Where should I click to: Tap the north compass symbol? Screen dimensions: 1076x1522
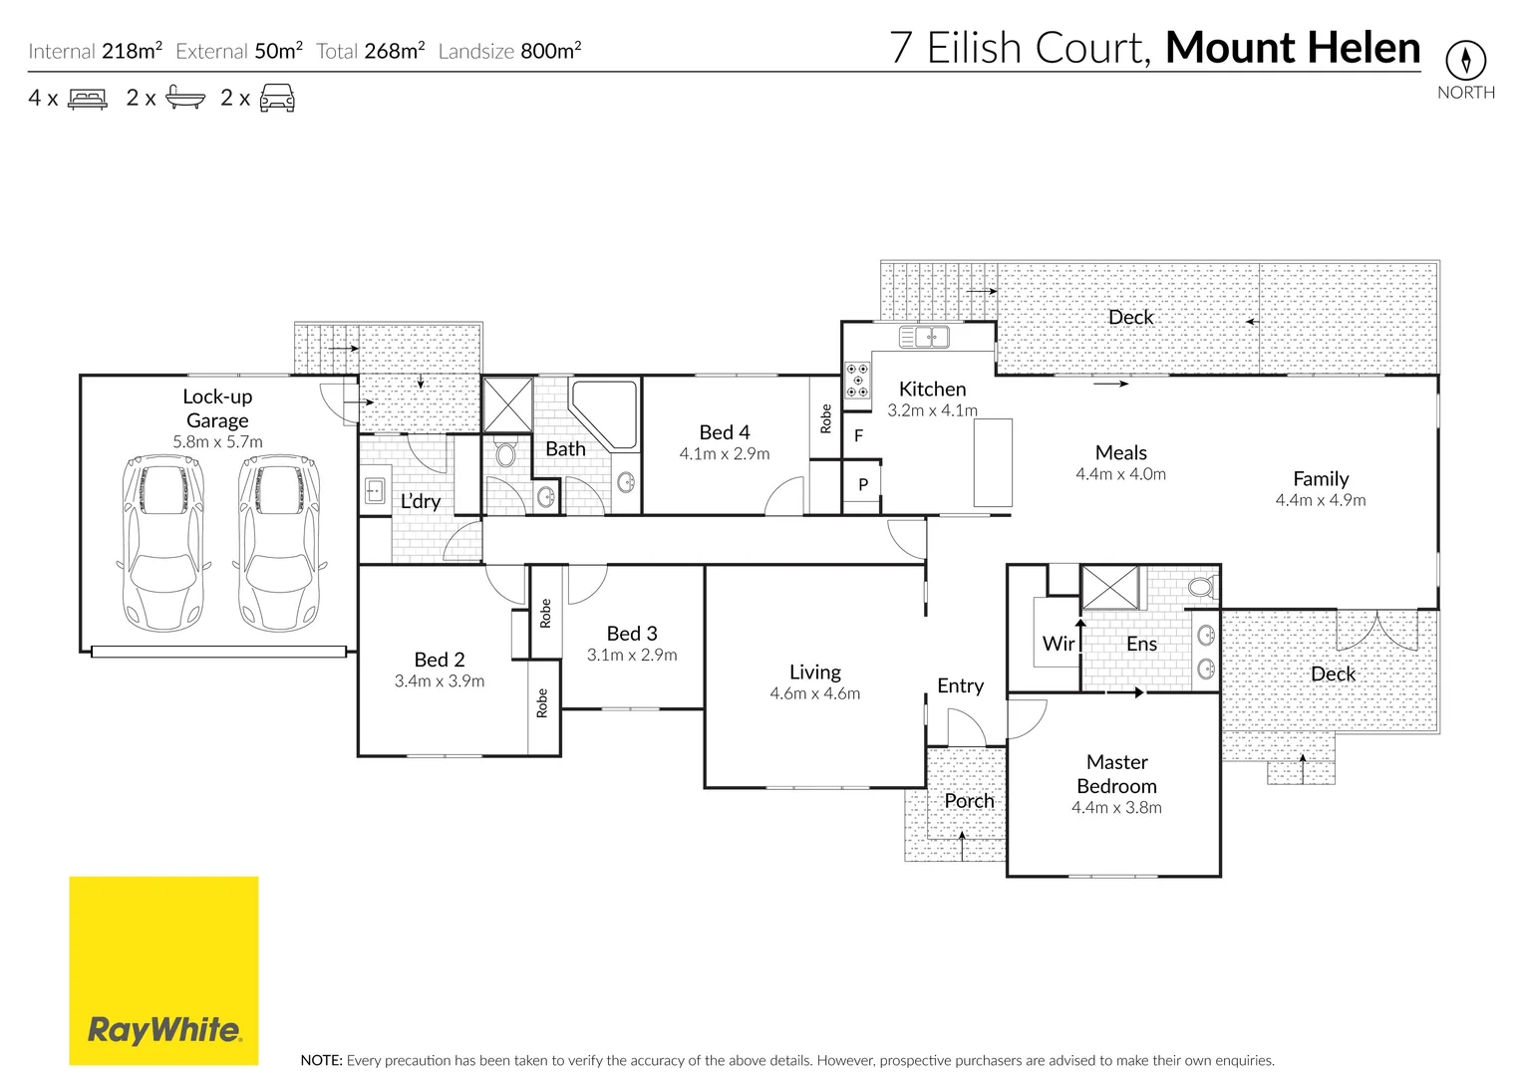[x=1465, y=61]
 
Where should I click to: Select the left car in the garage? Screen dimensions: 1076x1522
[x=163, y=543]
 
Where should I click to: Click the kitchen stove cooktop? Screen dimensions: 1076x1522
[x=857, y=380]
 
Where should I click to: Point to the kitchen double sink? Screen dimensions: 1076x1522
[x=924, y=337]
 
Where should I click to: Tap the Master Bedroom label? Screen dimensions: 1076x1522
[x=1116, y=774]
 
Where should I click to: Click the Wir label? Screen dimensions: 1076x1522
[x=1059, y=644]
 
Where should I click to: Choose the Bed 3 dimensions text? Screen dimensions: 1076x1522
[x=632, y=655]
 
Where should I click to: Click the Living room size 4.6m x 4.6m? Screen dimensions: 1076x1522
[x=814, y=693]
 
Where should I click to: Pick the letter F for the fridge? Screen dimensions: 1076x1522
[x=858, y=435]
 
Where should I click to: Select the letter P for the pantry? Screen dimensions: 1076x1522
[x=863, y=485]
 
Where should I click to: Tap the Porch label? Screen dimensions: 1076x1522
[x=969, y=800]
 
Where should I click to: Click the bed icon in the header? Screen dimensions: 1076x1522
[x=88, y=99]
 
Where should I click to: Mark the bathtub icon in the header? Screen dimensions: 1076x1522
[x=185, y=98]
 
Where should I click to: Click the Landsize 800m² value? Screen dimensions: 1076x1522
[x=550, y=51]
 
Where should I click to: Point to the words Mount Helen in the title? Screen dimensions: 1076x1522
[x=1293, y=48]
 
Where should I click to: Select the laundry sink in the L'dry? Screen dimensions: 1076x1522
[x=376, y=490]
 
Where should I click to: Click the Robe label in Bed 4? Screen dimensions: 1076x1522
[x=825, y=418]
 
